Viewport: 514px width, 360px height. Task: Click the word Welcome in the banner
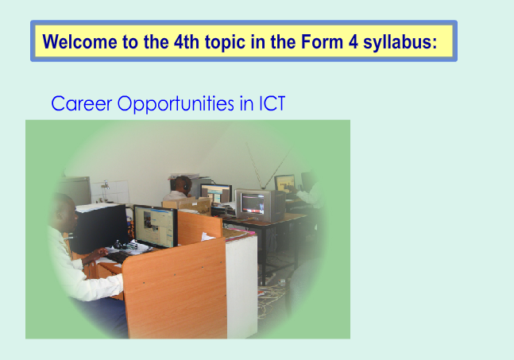pyautogui.click(x=80, y=41)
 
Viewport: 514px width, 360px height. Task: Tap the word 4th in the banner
pyautogui.click(x=187, y=41)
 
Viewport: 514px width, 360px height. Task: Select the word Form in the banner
pyautogui.click(x=323, y=41)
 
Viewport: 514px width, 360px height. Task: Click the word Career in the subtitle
pyautogui.click(x=82, y=103)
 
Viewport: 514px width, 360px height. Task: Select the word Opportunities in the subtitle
pyautogui.click(x=176, y=104)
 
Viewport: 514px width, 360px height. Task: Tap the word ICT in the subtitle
pyautogui.click(x=272, y=103)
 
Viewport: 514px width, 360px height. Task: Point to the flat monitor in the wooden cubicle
pyautogui.click(x=156, y=226)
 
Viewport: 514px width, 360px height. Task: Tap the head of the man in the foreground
pyautogui.click(x=64, y=213)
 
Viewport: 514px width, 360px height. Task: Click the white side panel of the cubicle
pyautogui.click(x=242, y=285)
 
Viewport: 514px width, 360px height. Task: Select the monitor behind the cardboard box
pyautogui.click(x=216, y=193)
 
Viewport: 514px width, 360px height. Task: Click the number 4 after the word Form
pyautogui.click(x=353, y=41)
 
